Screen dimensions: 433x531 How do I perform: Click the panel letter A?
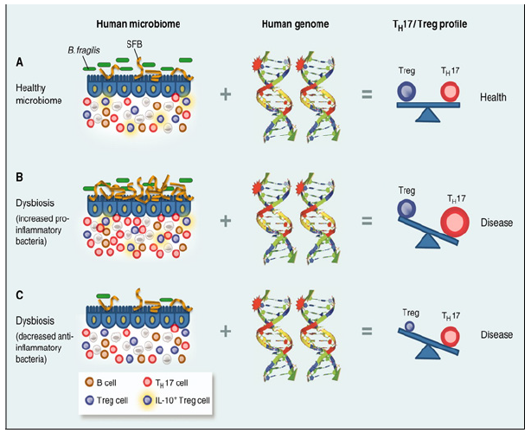pyautogui.click(x=19, y=63)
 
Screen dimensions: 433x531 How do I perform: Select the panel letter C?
pyautogui.click(x=19, y=297)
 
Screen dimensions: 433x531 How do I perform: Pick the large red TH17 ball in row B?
pyautogui.click(x=453, y=221)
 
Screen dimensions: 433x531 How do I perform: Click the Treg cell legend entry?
pyautogui.click(x=107, y=401)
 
